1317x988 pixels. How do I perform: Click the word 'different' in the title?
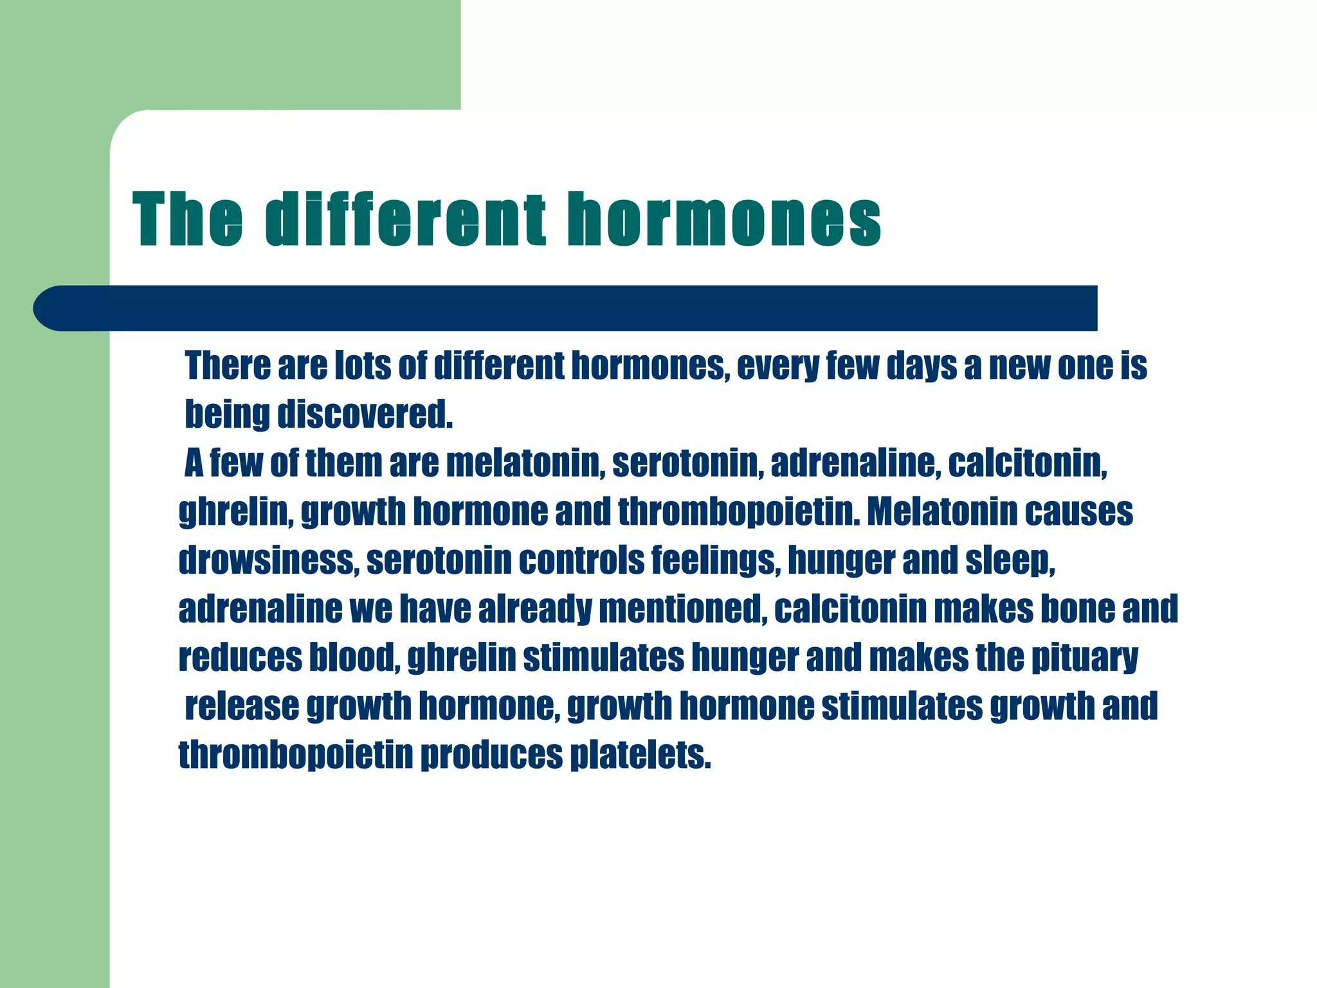click(405, 219)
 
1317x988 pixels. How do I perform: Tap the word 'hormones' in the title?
click(724, 219)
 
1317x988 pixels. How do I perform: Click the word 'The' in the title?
click(188, 219)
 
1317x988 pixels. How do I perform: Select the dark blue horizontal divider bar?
click(566, 308)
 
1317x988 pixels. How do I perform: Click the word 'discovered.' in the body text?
click(365, 415)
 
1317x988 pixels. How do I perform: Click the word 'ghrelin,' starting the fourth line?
click(235, 513)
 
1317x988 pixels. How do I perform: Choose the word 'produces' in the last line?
click(491, 755)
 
